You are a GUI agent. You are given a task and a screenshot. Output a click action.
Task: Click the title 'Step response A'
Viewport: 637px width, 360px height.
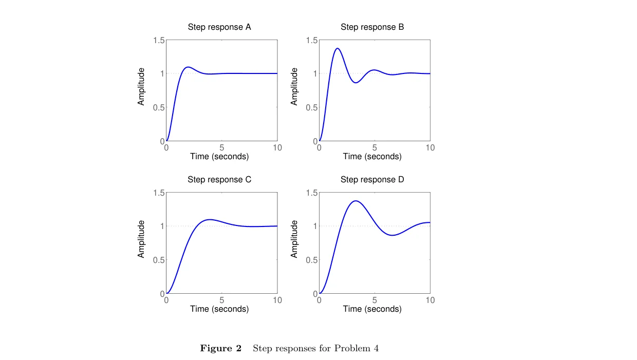[x=219, y=27]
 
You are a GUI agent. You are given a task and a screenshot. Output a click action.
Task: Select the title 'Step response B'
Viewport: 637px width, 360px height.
[x=372, y=27]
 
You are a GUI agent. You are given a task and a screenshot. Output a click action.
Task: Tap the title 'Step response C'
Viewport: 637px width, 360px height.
[x=219, y=179]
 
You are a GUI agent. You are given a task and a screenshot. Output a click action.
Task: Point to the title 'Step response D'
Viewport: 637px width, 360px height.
[x=372, y=179]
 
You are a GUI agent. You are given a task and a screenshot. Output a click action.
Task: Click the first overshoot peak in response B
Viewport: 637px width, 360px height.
[x=338, y=48]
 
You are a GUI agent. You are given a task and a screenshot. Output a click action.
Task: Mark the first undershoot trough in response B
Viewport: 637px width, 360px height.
[x=356, y=83]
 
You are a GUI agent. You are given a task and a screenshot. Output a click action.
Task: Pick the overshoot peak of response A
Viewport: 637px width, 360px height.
[x=188, y=67]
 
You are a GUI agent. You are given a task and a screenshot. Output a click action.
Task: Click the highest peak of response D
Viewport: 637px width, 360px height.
[x=356, y=201]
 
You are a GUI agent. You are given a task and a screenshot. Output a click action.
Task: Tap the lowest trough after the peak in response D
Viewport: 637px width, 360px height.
[x=392, y=235]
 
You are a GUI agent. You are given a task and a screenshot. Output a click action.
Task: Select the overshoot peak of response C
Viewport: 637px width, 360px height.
[x=210, y=219]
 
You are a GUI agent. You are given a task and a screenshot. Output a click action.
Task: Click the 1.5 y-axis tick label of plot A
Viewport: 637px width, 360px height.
[x=159, y=41]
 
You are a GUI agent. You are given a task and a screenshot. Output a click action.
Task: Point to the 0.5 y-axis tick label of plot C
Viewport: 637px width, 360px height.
[x=159, y=260]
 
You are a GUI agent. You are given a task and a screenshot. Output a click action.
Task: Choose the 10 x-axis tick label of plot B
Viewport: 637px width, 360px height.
[x=430, y=147]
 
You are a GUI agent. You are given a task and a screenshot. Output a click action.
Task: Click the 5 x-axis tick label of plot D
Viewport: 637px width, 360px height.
[x=374, y=300]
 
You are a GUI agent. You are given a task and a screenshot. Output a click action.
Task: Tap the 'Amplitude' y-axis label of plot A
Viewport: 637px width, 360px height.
[x=141, y=87]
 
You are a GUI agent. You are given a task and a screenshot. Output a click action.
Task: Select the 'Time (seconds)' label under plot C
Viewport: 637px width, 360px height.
[x=219, y=309]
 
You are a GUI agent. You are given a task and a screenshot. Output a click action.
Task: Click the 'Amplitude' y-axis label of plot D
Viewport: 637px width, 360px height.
[x=294, y=239]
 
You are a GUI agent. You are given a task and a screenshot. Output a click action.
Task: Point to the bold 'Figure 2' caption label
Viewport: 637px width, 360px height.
[x=221, y=348]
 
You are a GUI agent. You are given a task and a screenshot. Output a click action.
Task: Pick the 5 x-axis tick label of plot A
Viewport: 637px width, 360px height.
[x=222, y=147]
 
